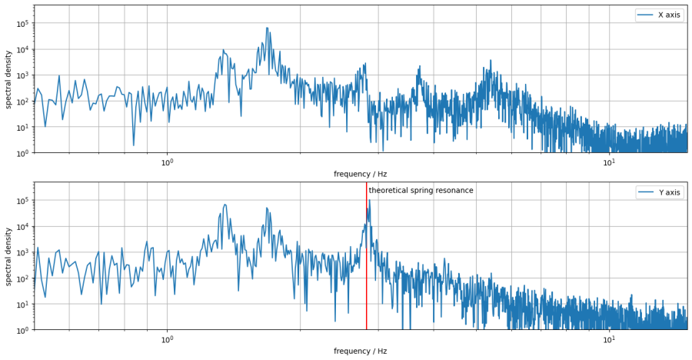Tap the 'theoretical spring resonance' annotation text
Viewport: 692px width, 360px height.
(x=421, y=191)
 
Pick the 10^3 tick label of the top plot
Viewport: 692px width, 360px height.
(x=22, y=75)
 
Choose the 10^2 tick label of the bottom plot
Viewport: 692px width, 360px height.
(x=22, y=278)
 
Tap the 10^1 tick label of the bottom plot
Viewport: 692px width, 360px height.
(x=22, y=304)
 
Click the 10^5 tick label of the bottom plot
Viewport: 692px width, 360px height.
(x=22, y=201)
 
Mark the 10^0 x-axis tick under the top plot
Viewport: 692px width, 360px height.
(x=167, y=162)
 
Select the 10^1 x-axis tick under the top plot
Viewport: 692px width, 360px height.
(x=608, y=162)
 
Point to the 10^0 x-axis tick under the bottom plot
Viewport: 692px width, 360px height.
(x=167, y=339)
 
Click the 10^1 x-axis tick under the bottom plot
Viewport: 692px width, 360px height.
(x=608, y=339)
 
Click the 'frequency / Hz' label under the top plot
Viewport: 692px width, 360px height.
(x=360, y=175)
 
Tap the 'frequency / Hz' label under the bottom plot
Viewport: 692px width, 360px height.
(x=360, y=352)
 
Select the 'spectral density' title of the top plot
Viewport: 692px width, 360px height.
(x=8, y=79)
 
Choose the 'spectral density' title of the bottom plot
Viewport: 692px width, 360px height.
(x=8, y=256)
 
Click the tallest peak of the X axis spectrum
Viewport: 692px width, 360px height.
(x=267, y=28)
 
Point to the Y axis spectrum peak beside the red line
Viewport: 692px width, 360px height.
(x=369, y=202)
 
